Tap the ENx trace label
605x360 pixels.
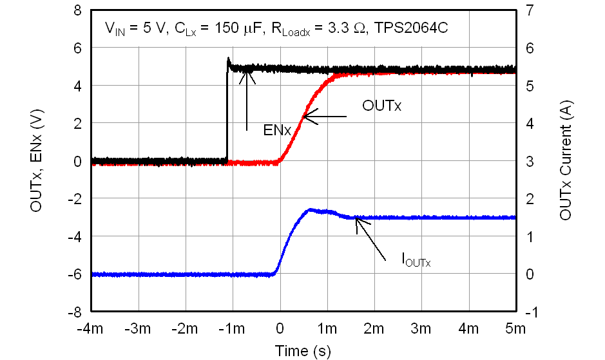[x=278, y=131]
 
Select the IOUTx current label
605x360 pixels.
[x=416, y=261]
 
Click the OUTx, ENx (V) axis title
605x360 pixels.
[x=36, y=161]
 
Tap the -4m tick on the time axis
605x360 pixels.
[x=90, y=330]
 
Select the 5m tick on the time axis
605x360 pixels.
[x=515, y=330]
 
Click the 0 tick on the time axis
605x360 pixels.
[x=280, y=330]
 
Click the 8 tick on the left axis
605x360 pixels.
[x=77, y=11]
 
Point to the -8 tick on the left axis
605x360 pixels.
[x=75, y=311]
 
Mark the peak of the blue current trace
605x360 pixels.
[x=311, y=209]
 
